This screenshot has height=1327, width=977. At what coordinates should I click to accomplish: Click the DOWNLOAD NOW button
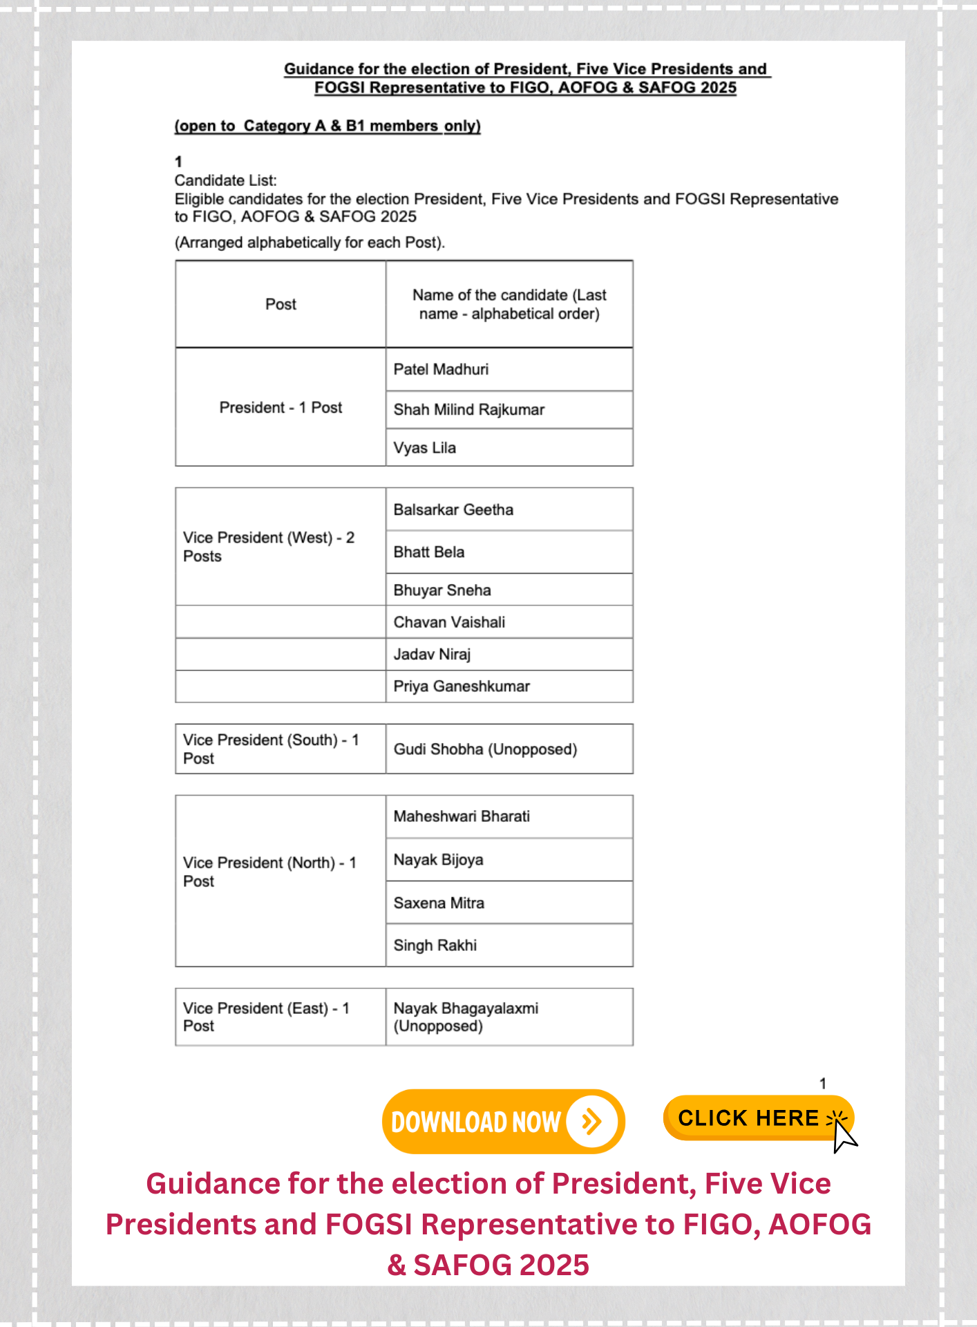point(502,1121)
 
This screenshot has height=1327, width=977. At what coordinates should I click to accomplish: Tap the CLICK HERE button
point(758,1118)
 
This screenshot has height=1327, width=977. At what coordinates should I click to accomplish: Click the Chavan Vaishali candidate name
point(449,622)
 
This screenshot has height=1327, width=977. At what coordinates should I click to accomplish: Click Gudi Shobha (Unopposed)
point(485,749)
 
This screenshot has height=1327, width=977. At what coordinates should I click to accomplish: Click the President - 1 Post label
point(281,408)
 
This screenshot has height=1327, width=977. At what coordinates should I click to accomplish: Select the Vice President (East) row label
point(267,1017)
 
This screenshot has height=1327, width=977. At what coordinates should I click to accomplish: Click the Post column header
point(281,304)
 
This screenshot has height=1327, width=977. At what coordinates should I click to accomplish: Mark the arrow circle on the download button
point(591,1121)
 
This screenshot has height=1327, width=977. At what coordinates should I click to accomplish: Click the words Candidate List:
point(225,180)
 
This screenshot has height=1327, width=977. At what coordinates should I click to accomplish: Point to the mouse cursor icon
point(844,1136)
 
